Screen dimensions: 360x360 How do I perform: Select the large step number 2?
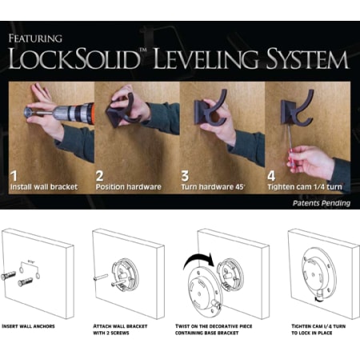[x=100, y=172]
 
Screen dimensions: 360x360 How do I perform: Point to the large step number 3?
[x=186, y=172]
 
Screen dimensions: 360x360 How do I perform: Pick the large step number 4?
[x=272, y=172]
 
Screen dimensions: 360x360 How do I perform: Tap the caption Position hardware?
[x=129, y=187]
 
